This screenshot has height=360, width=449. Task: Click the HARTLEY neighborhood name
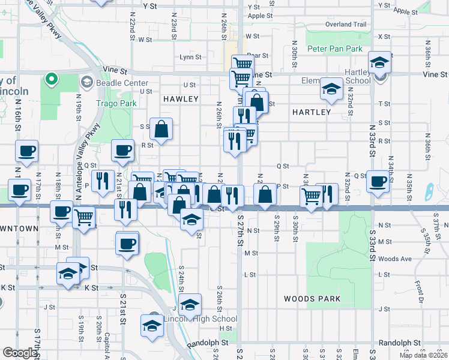(x=311, y=112)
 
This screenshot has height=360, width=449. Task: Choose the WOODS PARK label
(x=312, y=299)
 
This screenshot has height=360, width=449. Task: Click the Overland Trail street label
(x=345, y=25)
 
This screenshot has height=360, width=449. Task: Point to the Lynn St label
(x=191, y=57)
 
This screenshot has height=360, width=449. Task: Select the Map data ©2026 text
(x=423, y=355)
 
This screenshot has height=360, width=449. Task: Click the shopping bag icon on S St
(x=161, y=128)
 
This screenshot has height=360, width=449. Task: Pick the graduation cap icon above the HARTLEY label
(x=331, y=89)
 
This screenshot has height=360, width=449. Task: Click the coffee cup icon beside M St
(x=127, y=243)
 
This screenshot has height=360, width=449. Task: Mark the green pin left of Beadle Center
(x=52, y=78)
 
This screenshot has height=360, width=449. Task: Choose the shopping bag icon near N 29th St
(x=265, y=194)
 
